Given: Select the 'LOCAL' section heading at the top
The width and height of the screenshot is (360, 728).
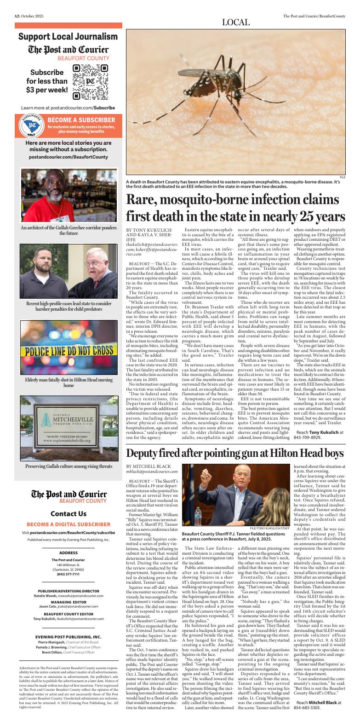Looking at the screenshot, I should [x=235, y=22].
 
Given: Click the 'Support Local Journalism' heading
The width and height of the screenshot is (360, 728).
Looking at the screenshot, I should [x=68, y=36].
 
